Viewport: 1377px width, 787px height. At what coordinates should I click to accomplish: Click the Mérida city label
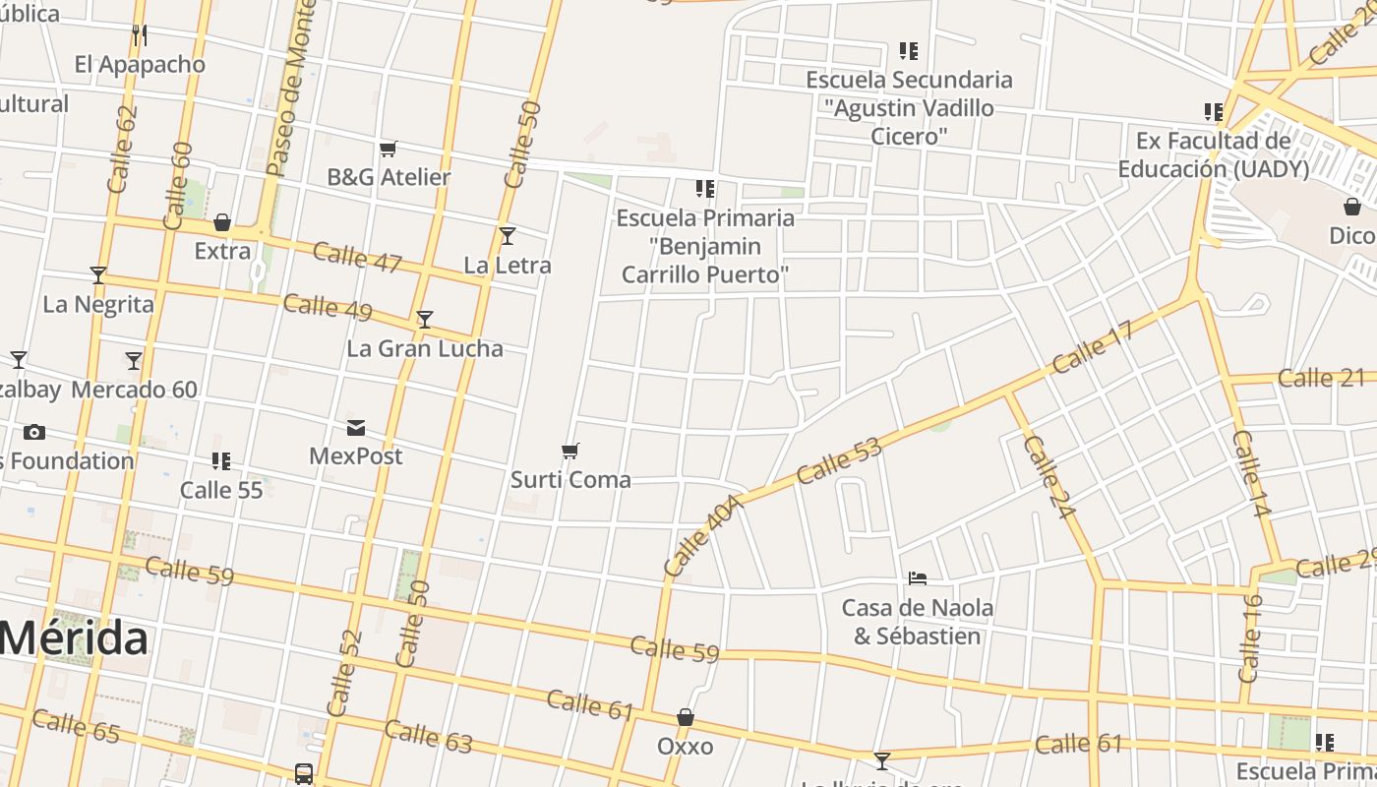tap(75, 638)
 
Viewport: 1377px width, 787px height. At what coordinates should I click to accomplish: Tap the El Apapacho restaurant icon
tap(140, 35)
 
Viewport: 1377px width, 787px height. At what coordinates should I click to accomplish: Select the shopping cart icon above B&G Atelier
tap(388, 149)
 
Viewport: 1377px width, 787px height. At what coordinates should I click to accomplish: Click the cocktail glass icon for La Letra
tap(508, 236)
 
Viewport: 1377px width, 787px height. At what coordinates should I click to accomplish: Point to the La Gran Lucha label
tap(425, 348)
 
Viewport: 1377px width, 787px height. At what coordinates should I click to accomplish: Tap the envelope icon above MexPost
tap(356, 428)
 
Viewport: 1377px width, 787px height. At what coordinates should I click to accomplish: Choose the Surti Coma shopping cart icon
tap(570, 452)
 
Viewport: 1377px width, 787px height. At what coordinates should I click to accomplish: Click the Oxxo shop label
tap(686, 747)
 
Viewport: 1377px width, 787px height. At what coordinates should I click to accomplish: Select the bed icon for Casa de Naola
tap(918, 577)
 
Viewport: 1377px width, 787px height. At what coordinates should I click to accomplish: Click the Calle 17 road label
tap(1093, 347)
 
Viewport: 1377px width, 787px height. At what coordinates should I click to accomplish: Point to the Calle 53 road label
tap(839, 460)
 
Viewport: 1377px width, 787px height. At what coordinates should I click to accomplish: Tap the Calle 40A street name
tap(702, 536)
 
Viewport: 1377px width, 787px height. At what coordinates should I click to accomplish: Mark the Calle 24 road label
tap(1047, 477)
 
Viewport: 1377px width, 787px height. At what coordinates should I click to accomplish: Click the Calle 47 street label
tap(357, 258)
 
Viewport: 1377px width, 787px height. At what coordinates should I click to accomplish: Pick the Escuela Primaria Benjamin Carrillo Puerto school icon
tap(704, 188)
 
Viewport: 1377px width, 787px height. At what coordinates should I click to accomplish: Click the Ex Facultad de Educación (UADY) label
tap(1213, 154)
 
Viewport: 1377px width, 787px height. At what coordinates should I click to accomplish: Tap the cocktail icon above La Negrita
tap(98, 274)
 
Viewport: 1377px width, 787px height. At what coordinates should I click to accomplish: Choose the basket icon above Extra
tap(222, 222)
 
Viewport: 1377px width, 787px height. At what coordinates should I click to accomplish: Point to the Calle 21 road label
tap(1322, 378)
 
